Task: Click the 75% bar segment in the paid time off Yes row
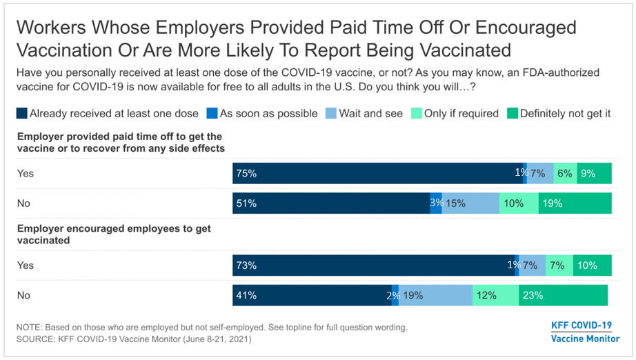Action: point(377,174)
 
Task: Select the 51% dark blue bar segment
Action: point(331,203)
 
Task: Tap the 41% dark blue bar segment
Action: point(312,295)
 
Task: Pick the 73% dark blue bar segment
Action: point(373,266)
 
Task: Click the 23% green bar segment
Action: point(563,295)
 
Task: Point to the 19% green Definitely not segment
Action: point(575,203)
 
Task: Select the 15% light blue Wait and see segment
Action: point(470,203)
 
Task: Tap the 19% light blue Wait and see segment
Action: point(435,295)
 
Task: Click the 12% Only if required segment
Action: point(495,295)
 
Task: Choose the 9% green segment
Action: point(595,174)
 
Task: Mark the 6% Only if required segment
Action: point(565,174)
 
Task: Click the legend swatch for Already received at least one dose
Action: point(22,113)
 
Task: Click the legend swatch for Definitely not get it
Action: point(511,113)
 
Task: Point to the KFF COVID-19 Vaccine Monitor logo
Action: point(585,332)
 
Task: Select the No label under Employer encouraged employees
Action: point(23,295)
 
